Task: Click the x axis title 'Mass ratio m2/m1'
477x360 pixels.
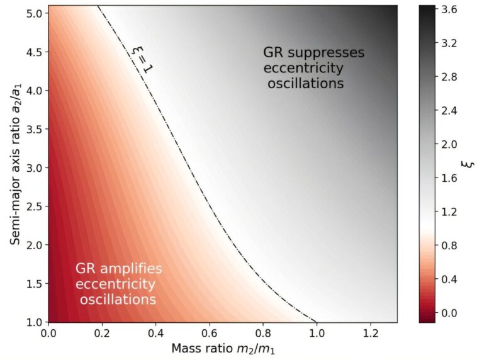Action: [x=223, y=348]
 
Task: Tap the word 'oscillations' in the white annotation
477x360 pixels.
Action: [x=118, y=300]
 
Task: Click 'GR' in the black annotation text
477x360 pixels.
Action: [x=274, y=52]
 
